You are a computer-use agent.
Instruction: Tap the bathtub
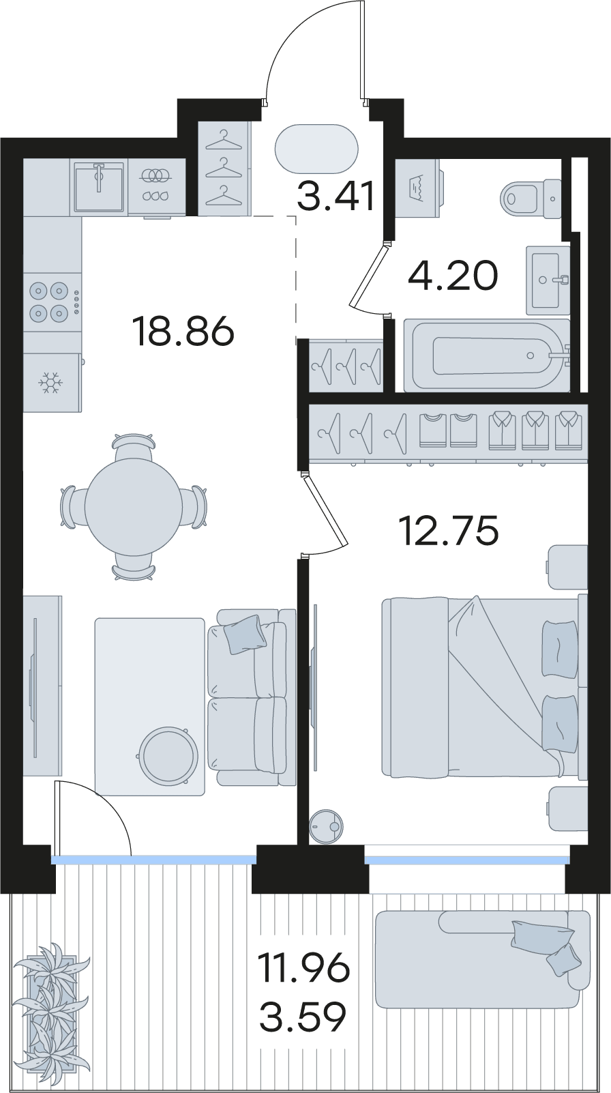click(x=487, y=355)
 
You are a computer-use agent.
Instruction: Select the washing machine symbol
click(x=419, y=188)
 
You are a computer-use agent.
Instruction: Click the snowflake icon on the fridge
click(x=49, y=383)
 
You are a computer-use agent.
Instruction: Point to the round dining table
click(x=134, y=507)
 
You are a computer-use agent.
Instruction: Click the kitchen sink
click(x=99, y=188)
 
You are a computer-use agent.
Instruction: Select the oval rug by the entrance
click(x=316, y=148)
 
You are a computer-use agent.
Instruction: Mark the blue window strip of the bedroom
click(x=466, y=860)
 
